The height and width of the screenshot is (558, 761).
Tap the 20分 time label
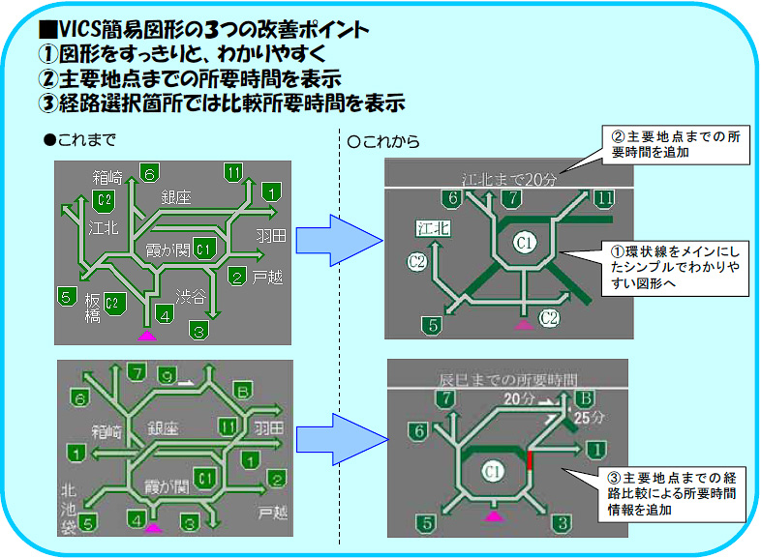coord(520,397)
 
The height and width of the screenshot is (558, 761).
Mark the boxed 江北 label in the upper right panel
coord(433,228)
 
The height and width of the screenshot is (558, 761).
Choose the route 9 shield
coord(167,374)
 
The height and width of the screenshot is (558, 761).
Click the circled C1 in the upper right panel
coord(524,243)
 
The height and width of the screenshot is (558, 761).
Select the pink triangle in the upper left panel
coord(147,336)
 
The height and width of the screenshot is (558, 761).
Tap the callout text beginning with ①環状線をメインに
coord(675,267)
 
